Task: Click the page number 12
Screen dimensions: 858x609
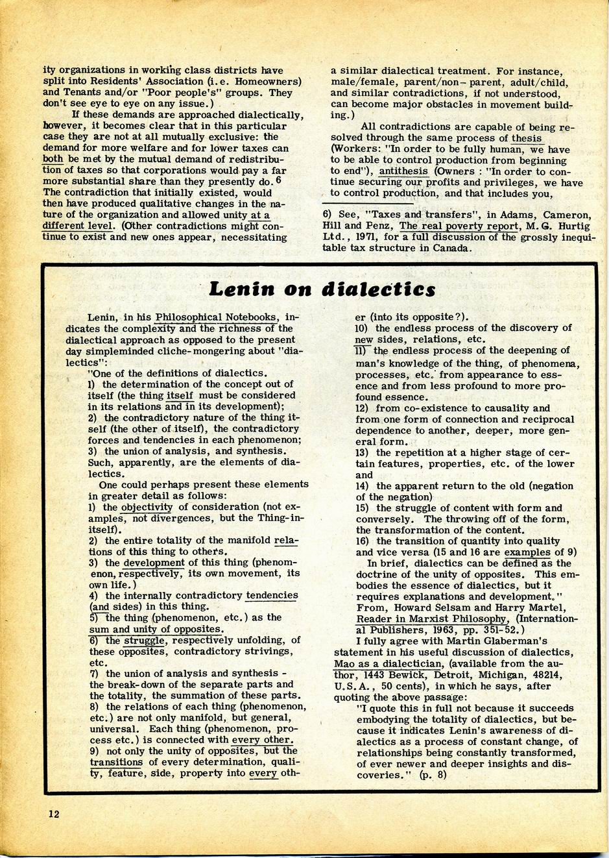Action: [x=53, y=814]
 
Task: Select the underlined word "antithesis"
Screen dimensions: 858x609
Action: [x=403, y=171]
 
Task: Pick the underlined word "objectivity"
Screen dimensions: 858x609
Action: [x=147, y=507]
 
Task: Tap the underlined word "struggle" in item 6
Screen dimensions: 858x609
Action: [x=143, y=640]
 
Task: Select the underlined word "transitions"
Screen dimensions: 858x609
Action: [x=116, y=762]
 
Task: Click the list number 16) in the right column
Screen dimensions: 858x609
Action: [x=363, y=541]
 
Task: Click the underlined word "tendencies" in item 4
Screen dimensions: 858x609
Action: [x=272, y=595]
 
